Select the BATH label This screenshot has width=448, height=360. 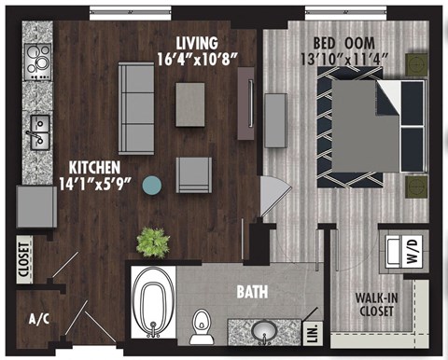click(252, 293)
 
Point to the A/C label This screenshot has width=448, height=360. click(39, 319)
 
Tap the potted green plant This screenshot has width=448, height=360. click(151, 242)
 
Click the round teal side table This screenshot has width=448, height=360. click(151, 185)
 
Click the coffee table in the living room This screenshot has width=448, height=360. click(190, 104)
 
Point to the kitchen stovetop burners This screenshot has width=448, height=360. click(39, 62)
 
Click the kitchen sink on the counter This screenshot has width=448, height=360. click(38, 132)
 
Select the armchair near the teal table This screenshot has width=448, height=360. click(194, 174)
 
